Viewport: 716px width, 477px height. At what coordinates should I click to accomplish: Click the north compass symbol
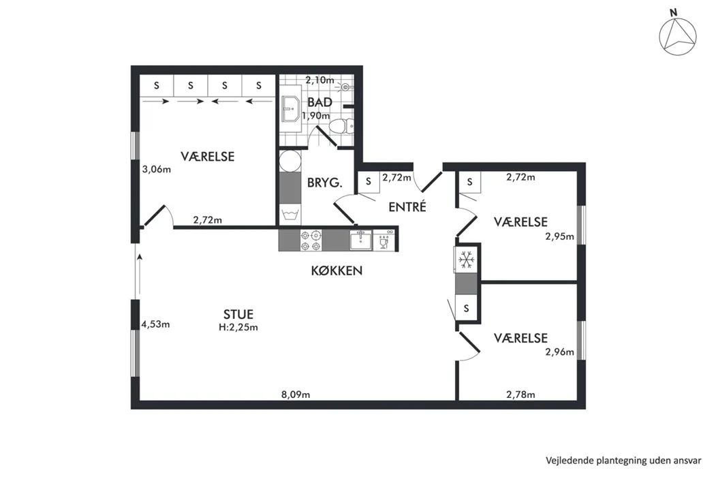678,34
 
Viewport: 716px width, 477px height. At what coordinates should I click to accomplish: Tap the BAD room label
320,102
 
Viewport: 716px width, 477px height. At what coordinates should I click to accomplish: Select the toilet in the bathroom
342,125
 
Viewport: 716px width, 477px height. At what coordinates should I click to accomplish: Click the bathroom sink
290,109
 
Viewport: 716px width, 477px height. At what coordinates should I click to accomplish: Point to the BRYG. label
325,183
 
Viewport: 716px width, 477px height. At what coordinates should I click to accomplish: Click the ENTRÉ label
407,206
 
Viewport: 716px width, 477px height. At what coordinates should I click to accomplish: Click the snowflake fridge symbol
466,260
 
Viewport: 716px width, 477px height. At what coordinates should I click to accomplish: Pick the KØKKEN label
337,271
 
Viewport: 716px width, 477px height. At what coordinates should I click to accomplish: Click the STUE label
238,314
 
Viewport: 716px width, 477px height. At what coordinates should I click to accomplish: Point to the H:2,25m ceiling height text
238,327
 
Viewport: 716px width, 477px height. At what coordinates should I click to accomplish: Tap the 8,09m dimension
296,395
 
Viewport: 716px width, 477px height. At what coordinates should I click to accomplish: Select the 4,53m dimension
155,324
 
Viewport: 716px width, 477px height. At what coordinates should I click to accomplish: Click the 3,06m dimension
156,170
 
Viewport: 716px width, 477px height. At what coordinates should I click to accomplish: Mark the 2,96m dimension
559,352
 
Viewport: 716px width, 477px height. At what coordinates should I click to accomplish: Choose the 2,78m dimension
520,395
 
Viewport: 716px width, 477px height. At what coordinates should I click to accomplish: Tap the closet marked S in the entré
369,181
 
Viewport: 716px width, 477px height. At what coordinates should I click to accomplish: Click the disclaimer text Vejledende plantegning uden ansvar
623,460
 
